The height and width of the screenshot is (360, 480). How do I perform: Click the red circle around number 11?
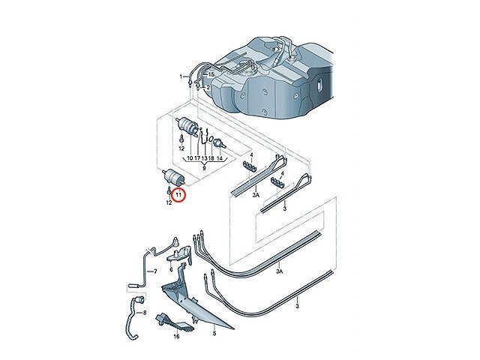(x=178, y=195)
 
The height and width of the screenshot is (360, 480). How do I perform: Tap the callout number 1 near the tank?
(x=181, y=76)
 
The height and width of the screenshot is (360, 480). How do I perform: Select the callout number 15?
(x=211, y=75)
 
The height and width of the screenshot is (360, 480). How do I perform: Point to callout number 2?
(x=208, y=88)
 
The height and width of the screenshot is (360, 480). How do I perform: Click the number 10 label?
(x=190, y=158)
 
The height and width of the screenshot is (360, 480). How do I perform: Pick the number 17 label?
(x=197, y=158)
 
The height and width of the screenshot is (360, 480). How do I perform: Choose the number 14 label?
(x=219, y=158)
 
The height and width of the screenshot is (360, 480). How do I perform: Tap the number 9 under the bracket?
(x=204, y=168)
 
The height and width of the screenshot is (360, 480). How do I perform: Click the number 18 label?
(x=211, y=158)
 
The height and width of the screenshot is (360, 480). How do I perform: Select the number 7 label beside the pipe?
(x=155, y=271)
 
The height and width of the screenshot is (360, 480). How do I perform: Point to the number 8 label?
(x=145, y=313)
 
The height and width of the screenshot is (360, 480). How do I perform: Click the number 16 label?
(x=176, y=337)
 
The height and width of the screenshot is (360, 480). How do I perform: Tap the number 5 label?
(x=214, y=333)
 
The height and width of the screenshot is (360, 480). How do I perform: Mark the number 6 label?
(x=171, y=269)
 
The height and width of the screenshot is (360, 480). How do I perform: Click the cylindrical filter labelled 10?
(x=187, y=124)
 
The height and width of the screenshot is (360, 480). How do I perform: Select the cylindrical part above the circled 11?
(x=173, y=178)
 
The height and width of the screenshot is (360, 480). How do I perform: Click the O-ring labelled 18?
(x=211, y=140)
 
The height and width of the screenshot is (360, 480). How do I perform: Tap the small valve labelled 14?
(x=220, y=143)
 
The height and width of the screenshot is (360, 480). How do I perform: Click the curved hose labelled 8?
(x=132, y=318)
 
